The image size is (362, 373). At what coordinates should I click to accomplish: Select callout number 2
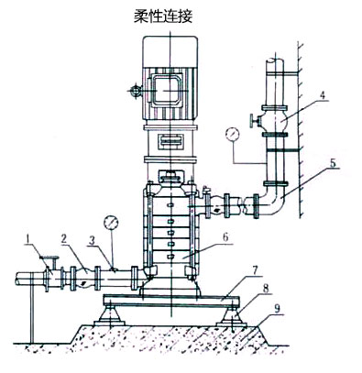(x=62, y=240)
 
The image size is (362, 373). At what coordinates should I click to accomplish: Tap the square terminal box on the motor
(x=168, y=92)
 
